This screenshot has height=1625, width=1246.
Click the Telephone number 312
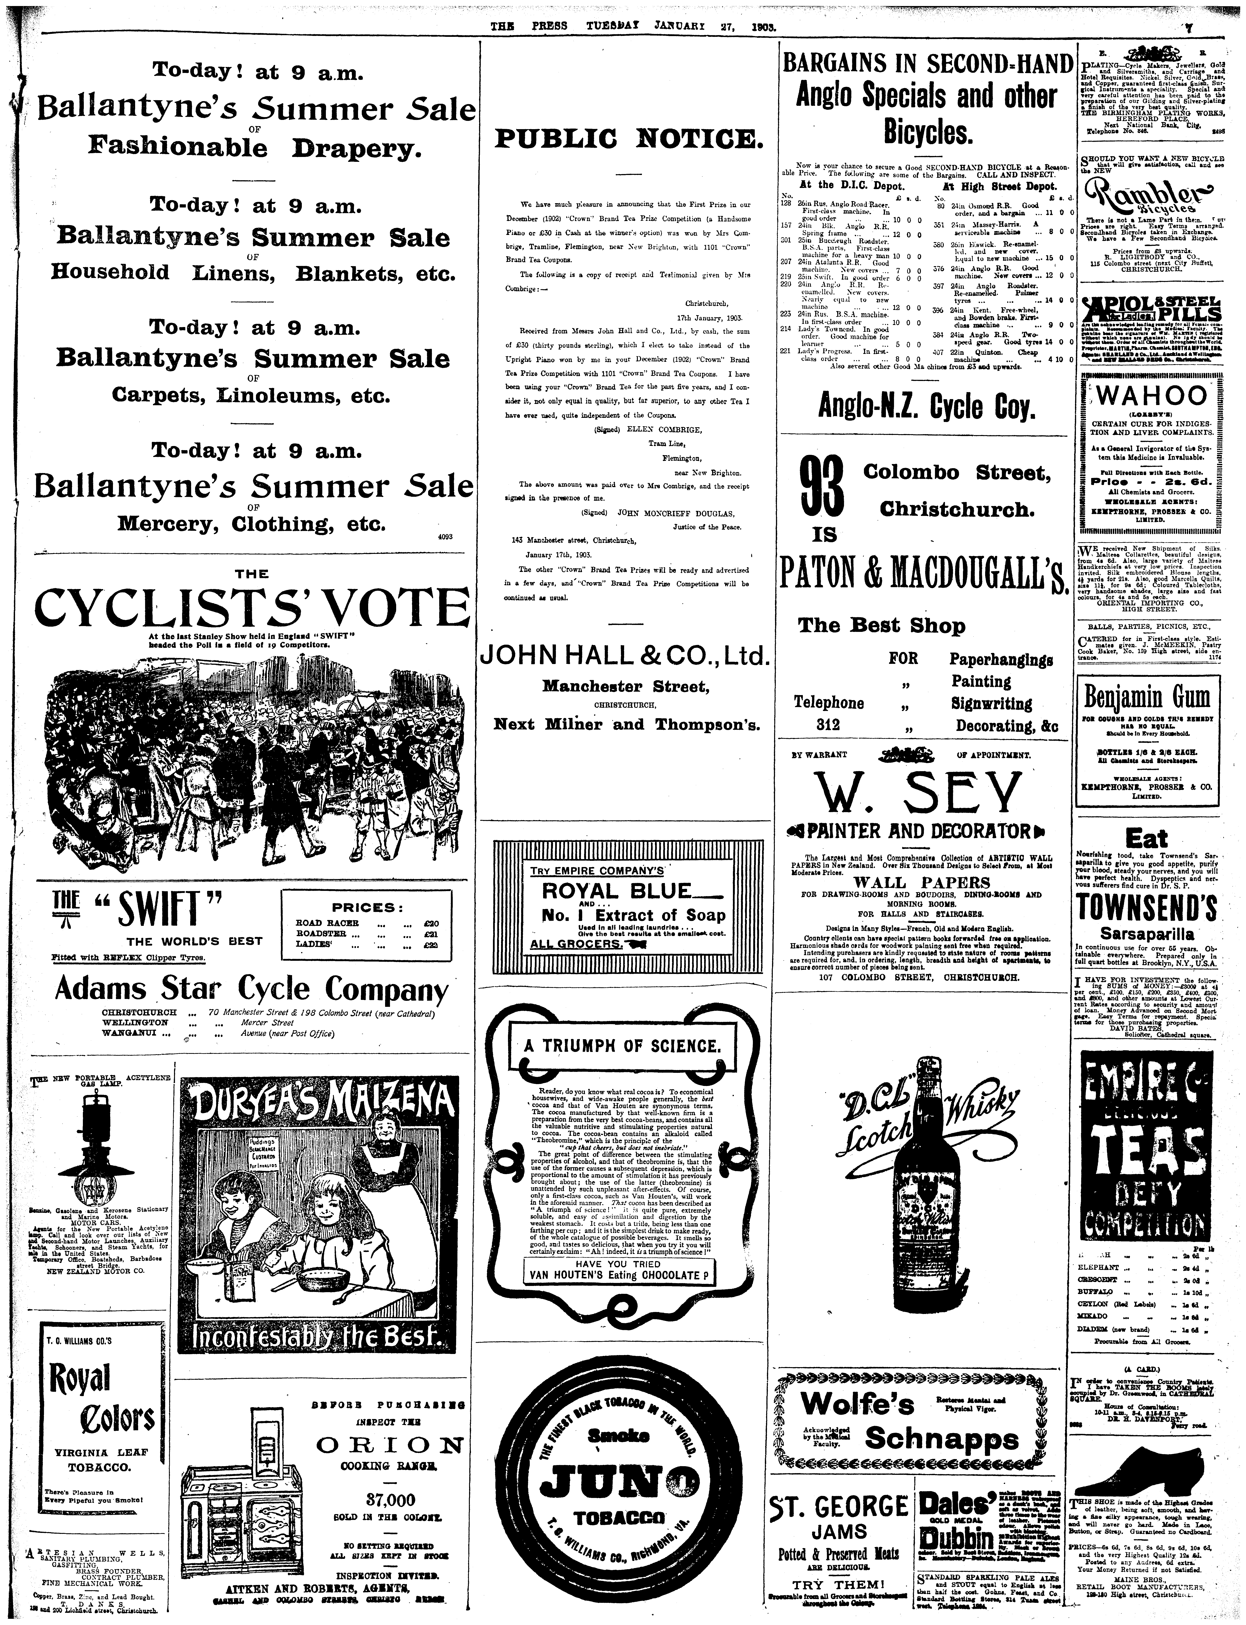(828, 726)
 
